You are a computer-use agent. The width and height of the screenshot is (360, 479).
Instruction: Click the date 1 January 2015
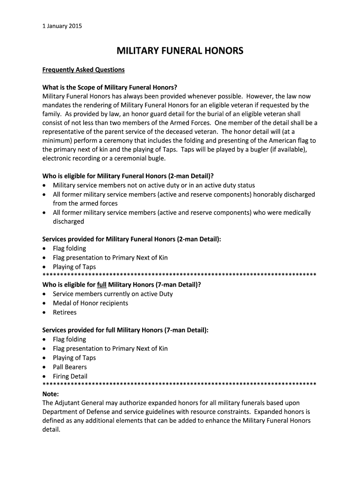point(62,26)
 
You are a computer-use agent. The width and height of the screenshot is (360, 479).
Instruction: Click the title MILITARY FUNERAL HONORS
point(180,51)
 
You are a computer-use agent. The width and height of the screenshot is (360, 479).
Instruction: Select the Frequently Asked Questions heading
point(84,70)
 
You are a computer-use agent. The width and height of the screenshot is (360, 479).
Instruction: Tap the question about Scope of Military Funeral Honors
point(110,87)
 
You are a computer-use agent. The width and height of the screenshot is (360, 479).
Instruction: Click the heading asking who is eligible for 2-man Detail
point(128,176)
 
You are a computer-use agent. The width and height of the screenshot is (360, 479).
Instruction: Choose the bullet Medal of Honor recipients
point(90,303)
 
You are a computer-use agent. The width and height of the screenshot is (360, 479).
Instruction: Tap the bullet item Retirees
point(65,312)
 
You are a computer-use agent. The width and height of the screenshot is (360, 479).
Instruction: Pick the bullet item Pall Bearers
point(70,367)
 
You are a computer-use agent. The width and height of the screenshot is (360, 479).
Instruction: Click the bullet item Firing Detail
point(70,376)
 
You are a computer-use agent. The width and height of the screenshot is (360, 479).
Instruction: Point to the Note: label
point(50,394)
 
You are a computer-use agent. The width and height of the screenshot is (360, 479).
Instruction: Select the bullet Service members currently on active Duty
point(113,294)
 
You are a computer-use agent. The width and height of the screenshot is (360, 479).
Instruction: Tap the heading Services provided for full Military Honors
point(125,330)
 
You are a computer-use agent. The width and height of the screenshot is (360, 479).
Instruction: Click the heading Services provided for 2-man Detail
point(131,239)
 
